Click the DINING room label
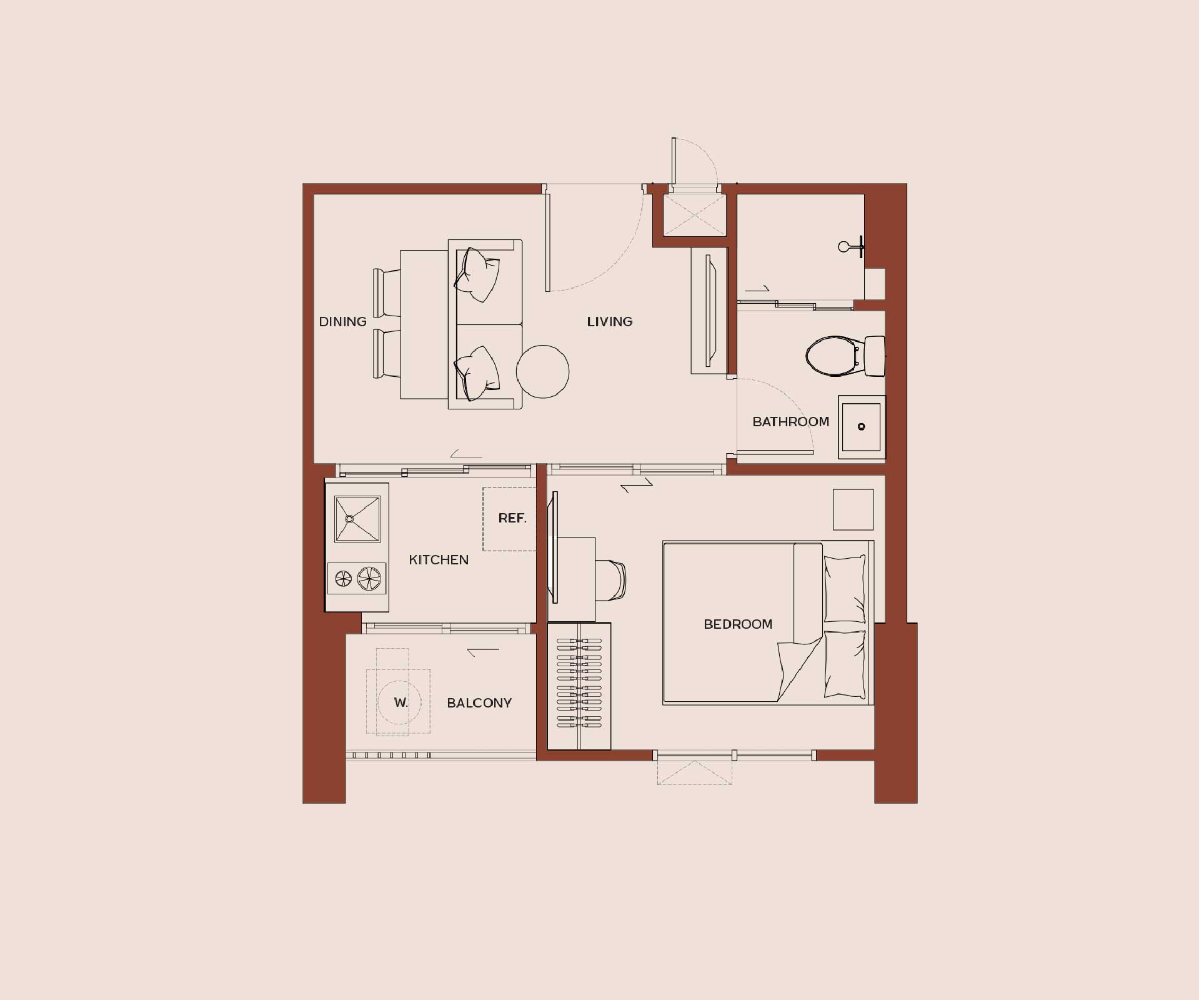coord(342,322)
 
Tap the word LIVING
coord(609,322)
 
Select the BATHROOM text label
coord(790,422)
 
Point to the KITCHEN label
coord(439,560)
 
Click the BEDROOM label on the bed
coord(738,624)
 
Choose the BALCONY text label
coord(479,703)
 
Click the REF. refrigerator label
coord(512,518)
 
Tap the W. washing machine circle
coord(399,702)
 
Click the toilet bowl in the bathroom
coord(831,356)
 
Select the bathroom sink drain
coord(861,427)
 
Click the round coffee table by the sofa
coord(542,372)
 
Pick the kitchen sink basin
coord(357,519)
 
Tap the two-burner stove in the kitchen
coord(357,578)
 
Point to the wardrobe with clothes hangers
coord(579,686)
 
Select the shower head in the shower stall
coord(851,247)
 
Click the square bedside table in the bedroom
coord(853,509)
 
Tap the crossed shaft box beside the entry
coord(695,215)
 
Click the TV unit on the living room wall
coord(710,311)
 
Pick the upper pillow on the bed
coord(845,589)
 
